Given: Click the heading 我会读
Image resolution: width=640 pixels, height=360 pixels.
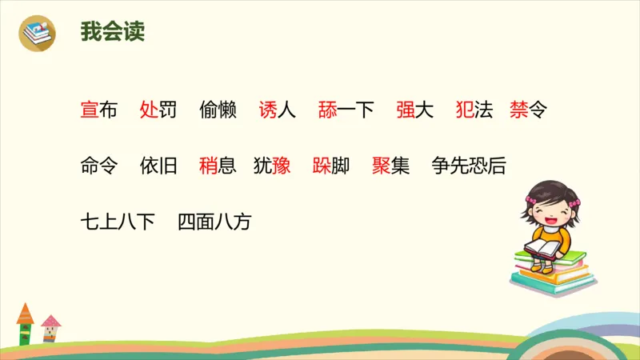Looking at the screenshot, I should (x=113, y=33).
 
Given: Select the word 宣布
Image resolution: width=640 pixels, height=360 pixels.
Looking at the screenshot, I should (x=99, y=110).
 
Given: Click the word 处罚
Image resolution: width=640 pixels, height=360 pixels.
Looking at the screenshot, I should (x=158, y=110).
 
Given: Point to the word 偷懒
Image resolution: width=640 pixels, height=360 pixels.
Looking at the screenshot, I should (x=218, y=110).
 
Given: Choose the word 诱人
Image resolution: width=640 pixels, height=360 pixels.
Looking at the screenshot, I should (x=278, y=110).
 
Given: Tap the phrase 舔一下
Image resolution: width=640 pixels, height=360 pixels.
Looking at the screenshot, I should (x=346, y=110).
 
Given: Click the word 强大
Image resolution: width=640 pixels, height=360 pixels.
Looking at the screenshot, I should (x=414, y=110).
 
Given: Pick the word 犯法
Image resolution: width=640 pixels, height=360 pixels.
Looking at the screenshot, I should (x=474, y=110).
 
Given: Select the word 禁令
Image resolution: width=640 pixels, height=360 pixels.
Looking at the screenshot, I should (x=528, y=110).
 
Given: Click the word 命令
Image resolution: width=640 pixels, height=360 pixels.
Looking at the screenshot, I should (x=99, y=166).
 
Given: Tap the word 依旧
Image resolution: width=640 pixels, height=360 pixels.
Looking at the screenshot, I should (x=158, y=166).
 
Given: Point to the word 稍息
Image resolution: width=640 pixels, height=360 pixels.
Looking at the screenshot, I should (x=218, y=166).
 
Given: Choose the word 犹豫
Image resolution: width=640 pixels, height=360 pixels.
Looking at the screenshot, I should (x=272, y=166).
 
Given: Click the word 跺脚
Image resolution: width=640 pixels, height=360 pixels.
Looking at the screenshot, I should (x=331, y=166).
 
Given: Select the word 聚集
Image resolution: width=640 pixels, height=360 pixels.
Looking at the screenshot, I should (x=391, y=166).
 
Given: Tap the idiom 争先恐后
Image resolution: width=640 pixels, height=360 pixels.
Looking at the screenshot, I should (x=469, y=166).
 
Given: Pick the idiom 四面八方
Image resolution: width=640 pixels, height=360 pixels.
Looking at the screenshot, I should (x=214, y=222).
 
